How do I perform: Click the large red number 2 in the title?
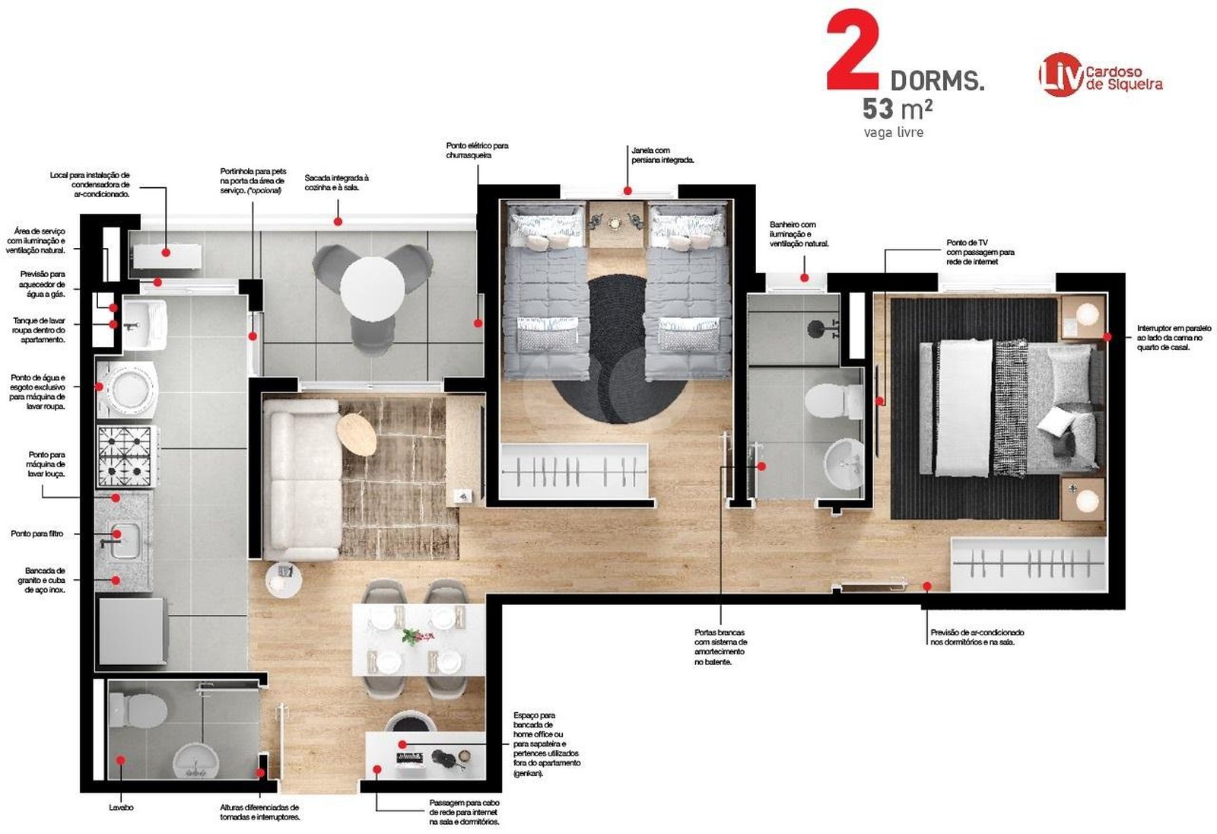852,50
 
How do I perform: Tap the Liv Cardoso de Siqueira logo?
1100,75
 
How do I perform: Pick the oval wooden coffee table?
357,435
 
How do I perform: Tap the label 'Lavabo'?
121,807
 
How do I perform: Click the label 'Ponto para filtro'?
37,533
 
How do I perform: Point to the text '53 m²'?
898,109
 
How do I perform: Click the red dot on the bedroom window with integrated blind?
628,191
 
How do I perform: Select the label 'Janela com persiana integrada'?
663,155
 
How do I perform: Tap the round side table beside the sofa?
283,580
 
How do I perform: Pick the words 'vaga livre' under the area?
894,132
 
